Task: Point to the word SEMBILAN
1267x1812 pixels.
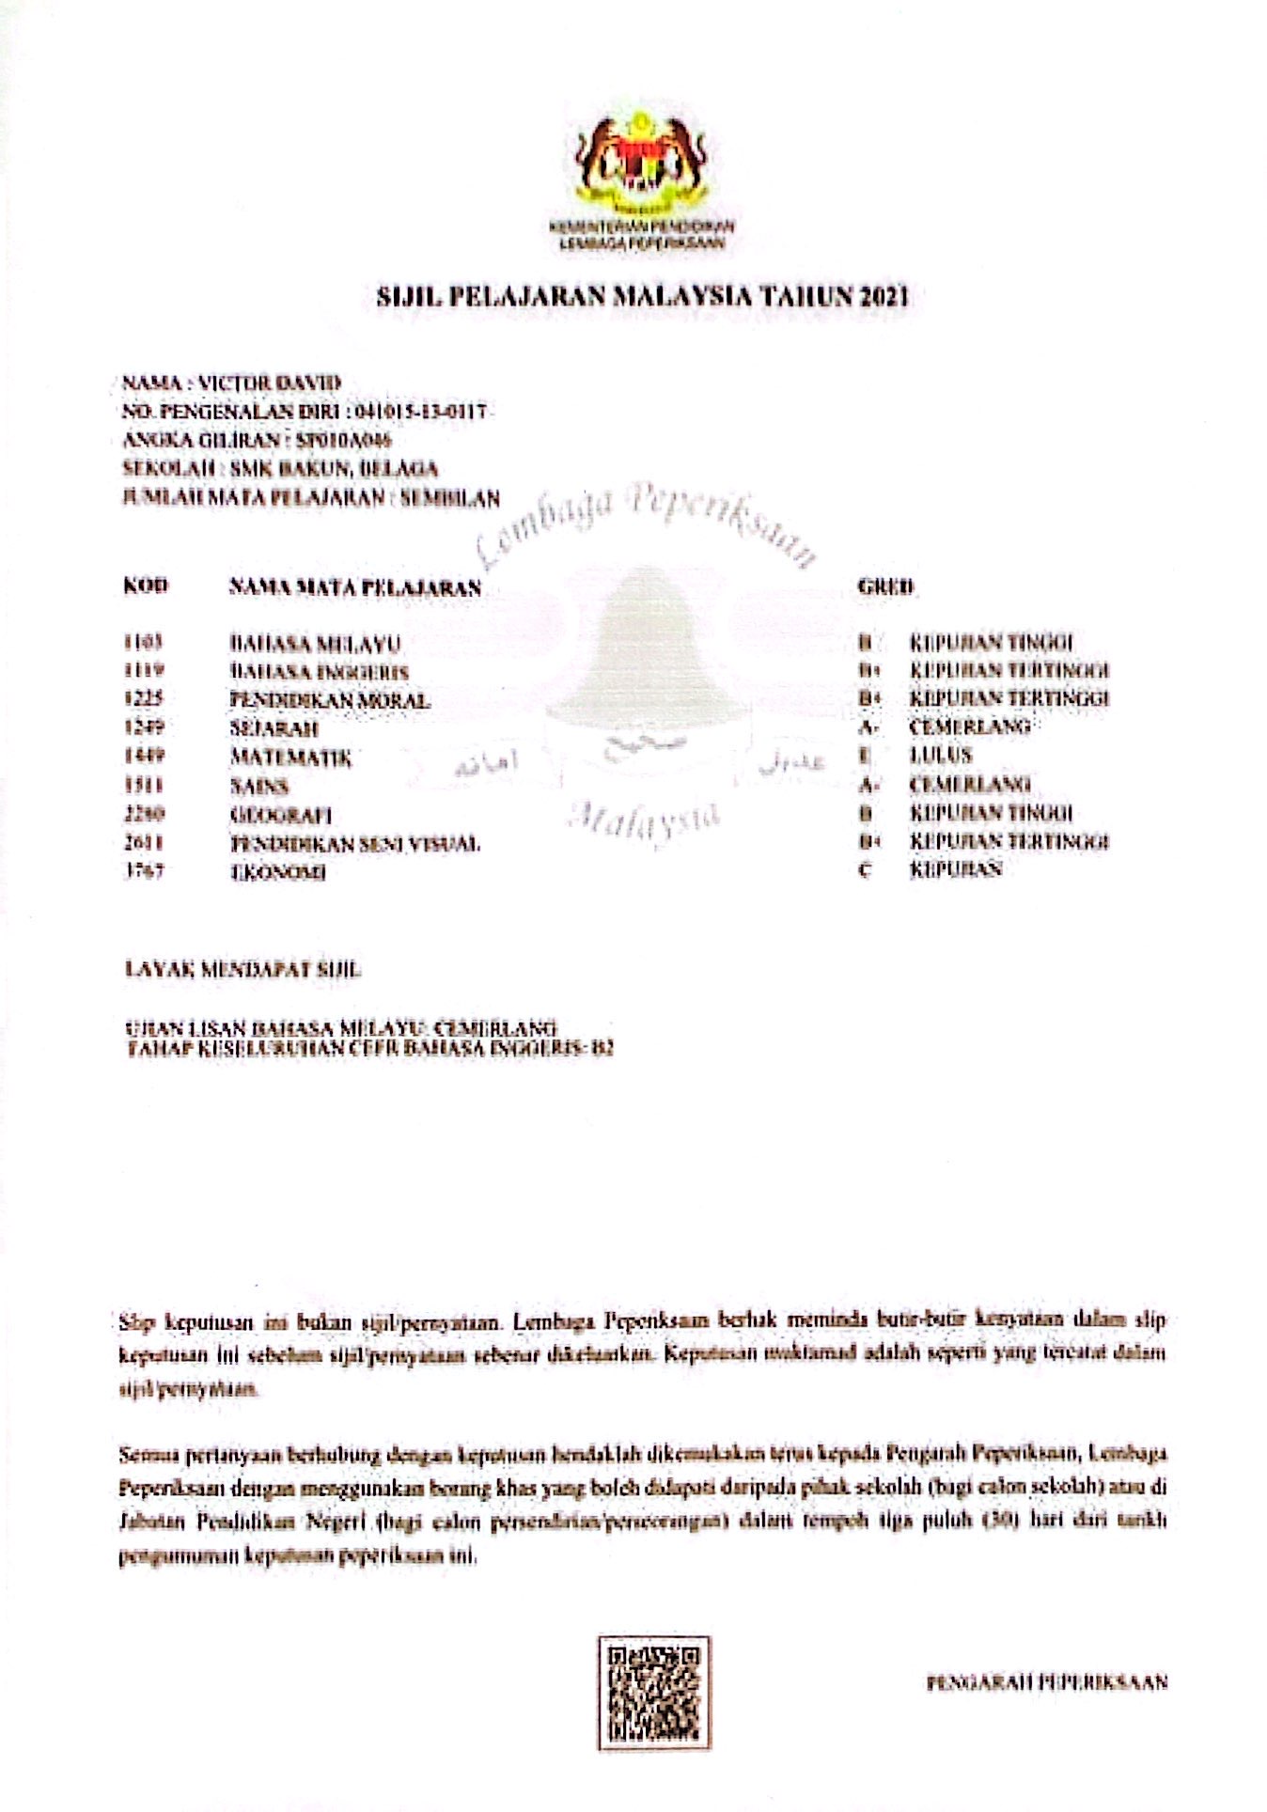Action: [450, 498]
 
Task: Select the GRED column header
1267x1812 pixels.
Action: [884, 586]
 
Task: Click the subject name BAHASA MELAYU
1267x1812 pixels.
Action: [316, 644]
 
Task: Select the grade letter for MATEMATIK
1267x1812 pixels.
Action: [865, 756]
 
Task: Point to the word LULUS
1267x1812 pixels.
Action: [941, 756]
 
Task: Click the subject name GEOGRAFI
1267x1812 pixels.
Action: [281, 815]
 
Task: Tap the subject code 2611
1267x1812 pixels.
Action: [145, 843]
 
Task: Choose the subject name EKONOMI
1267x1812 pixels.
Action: [279, 872]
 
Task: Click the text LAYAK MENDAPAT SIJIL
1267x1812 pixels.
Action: [243, 969]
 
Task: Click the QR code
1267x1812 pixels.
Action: [653, 1692]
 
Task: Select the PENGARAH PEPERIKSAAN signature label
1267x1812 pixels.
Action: [1046, 1681]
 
